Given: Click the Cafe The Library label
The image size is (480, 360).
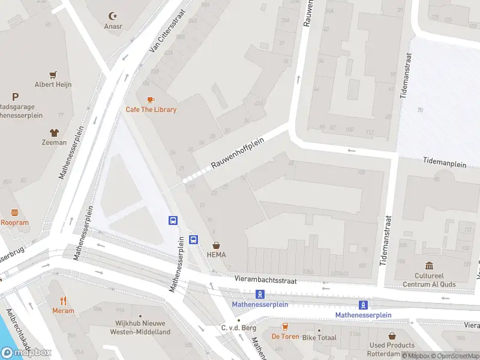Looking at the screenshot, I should (x=151, y=110).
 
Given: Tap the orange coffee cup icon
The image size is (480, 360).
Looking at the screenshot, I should (x=150, y=100).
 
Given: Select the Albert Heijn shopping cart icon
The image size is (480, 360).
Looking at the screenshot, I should (x=53, y=75).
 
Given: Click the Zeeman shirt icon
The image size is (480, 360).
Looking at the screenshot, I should (x=54, y=133).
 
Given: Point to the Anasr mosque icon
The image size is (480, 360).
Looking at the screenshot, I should (x=112, y=16).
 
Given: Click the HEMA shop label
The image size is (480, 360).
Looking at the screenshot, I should (x=216, y=254).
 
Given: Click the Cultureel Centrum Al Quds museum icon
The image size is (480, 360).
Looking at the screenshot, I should (x=430, y=266).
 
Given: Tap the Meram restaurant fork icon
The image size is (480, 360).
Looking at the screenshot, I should (x=63, y=301).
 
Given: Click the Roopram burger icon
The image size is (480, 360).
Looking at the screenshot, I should (x=14, y=212).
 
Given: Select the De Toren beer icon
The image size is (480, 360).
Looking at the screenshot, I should (x=285, y=327).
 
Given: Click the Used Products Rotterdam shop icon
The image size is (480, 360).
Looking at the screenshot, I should (x=392, y=336).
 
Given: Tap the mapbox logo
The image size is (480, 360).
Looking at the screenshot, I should (x=26, y=352).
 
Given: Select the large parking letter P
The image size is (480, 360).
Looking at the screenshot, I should (x=15, y=96).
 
